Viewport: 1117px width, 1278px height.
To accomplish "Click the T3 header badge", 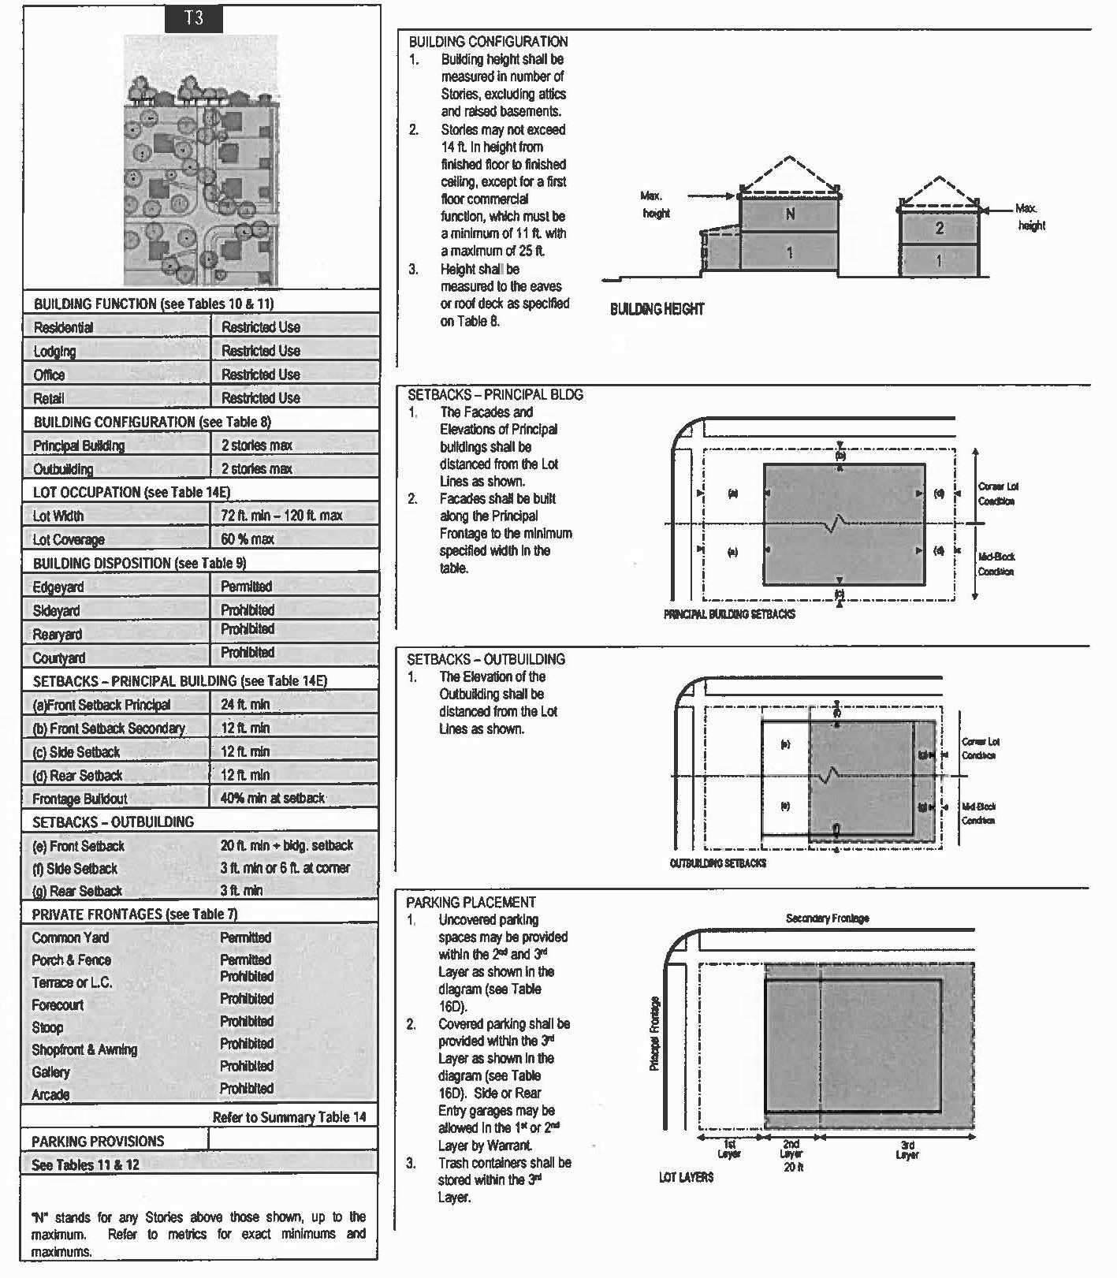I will [193, 19].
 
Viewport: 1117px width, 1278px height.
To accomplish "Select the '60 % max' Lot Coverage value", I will [248, 539].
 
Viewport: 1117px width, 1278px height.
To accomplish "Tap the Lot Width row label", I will [58, 516].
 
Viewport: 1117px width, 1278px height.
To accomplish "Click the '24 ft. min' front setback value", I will [245, 705].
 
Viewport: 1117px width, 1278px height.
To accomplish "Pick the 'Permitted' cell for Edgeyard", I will [246, 587].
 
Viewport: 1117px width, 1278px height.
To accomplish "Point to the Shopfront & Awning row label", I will [84, 1050].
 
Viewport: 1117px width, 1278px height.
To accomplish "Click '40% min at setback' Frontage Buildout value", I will [272, 798].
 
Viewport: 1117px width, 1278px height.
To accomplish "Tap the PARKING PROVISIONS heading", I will [98, 1142].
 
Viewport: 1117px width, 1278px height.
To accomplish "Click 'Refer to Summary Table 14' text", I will [289, 1117].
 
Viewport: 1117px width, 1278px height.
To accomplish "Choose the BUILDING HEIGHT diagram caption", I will [657, 309].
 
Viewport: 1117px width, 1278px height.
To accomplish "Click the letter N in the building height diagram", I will [790, 214].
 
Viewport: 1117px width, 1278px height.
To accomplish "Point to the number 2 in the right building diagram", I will [939, 229].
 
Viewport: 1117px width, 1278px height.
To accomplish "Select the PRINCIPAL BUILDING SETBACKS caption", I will [729, 614].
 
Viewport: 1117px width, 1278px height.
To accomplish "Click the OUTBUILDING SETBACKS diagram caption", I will [717, 863].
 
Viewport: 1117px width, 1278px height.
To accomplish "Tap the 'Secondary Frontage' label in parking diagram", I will [827, 918].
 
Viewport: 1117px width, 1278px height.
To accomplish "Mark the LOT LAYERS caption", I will [686, 1177].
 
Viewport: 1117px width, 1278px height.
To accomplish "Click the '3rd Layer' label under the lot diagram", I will [907, 1150].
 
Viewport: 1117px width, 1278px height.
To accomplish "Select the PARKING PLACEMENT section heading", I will [471, 903].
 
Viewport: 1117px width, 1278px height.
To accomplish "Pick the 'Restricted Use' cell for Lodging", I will [260, 351].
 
